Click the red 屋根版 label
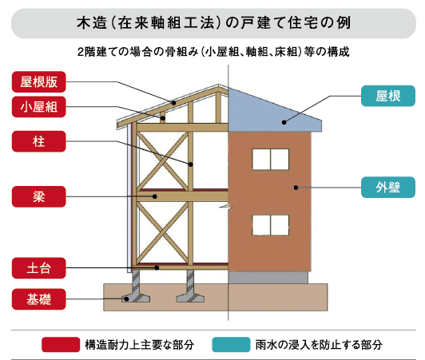[39, 81]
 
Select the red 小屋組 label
[39, 107]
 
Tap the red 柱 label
[39, 141]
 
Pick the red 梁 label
[39, 196]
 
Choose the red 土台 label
[39, 268]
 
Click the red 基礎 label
[39, 299]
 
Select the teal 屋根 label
[388, 96]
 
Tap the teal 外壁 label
[388, 187]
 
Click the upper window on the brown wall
[271, 160]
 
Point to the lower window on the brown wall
[271, 225]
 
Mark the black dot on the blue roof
[284, 122]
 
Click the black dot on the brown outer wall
[296, 188]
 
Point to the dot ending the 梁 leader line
[155, 196]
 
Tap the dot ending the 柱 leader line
[191, 164]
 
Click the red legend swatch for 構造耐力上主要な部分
[61, 345]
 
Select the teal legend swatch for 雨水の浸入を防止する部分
[231, 345]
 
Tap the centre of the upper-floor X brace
[163, 161]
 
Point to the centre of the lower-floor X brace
[163, 233]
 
